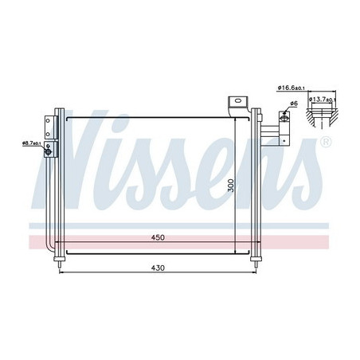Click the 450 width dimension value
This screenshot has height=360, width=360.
coord(158,237)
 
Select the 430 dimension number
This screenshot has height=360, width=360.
coord(158,268)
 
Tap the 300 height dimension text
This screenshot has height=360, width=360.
coord(231,186)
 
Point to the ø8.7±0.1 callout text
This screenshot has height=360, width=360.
coord(31,143)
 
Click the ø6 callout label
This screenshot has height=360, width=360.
coord(294,104)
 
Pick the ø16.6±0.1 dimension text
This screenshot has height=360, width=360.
coord(292,88)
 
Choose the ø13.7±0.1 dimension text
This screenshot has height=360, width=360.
coord(323,100)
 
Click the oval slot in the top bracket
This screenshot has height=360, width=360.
coord(238,100)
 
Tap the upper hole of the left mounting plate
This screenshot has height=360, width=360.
coord(48,121)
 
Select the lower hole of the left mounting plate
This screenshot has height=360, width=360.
coord(48,135)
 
